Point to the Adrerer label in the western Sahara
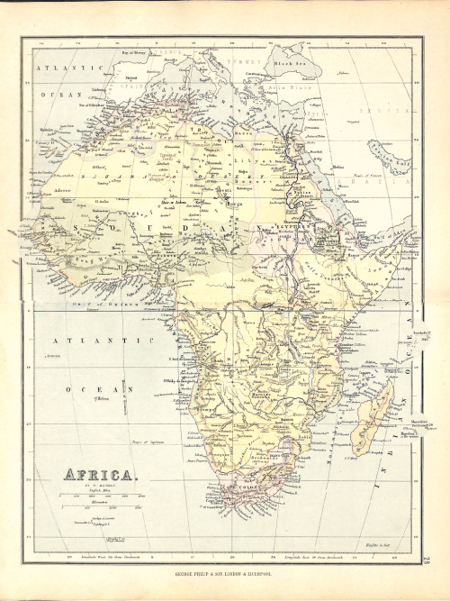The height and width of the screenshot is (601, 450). tap(63, 191)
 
